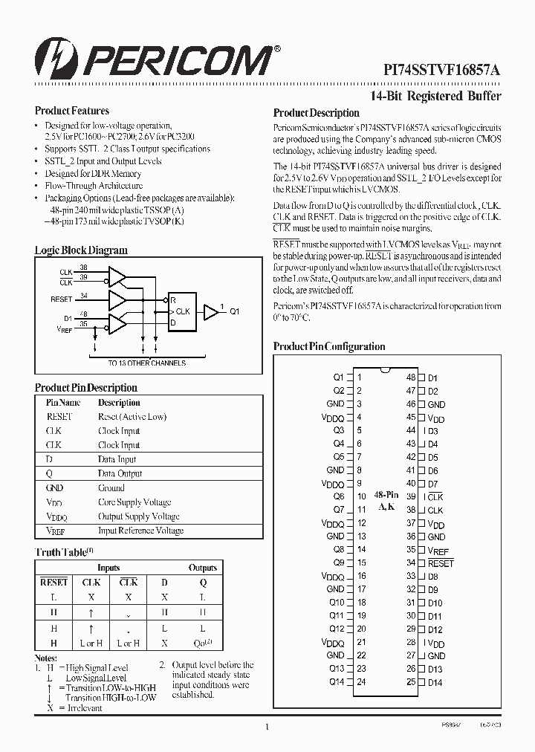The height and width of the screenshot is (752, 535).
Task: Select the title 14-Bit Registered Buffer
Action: pyautogui.click(x=435, y=96)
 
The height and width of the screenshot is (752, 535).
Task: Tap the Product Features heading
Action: pyautogui.click(x=72, y=111)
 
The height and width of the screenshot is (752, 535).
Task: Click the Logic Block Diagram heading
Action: pyautogui.click(x=81, y=250)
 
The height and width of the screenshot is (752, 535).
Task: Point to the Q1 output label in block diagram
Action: pyautogui.click(x=235, y=312)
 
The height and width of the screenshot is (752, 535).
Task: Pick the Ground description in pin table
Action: pyautogui.click(x=111, y=488)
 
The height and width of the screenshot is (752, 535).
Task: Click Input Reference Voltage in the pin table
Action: pyautogui.click(x=140, y=531)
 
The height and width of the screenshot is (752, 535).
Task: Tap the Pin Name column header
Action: pyautogui.click(x=63, y=403)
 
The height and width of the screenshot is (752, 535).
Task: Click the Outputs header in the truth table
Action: pyautogui.click(x=203, y=568)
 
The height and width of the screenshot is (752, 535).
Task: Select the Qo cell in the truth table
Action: pyautogui.click(x=203, y=644)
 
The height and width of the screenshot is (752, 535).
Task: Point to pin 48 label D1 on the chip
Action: pyautogui.click(x=433, y=378)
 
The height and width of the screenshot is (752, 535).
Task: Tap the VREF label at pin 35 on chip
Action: pyautogui.click(x=438, y=551)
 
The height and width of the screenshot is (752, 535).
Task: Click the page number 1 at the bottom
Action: pyautogui.click(x=266, y=727)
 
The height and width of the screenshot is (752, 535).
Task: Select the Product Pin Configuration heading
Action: pyautogui.click(x=329, y=346)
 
